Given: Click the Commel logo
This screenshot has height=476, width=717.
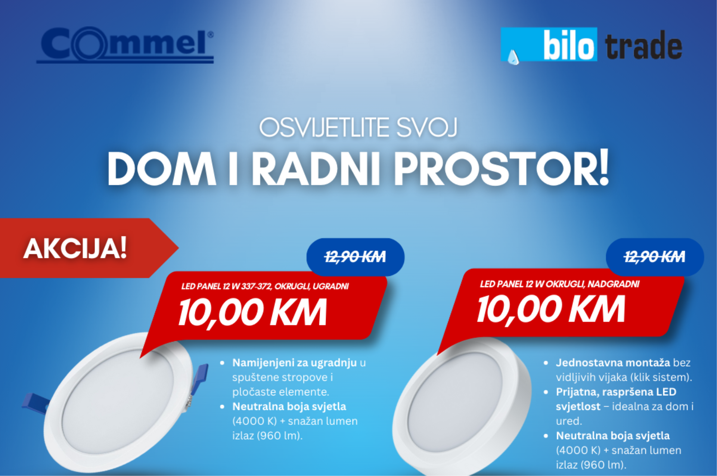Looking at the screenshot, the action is point(125,45).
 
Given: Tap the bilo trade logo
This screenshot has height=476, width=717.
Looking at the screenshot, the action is point(592,45).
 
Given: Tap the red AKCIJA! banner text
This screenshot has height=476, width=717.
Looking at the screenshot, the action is point(75,248).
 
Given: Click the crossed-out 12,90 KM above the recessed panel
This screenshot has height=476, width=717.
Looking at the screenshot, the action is point(355,257).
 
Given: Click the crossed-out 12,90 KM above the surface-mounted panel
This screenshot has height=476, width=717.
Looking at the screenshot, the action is point(655,257).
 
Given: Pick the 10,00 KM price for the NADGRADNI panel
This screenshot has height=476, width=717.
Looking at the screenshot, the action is point(551,309).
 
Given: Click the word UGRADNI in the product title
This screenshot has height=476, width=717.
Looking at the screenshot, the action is point(331,286).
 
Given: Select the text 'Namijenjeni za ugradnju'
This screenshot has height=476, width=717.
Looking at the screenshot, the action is point(295,363).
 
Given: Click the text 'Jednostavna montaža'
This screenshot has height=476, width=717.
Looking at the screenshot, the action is point(613,363).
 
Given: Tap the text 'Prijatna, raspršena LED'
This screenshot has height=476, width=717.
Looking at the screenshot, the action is point(616,392).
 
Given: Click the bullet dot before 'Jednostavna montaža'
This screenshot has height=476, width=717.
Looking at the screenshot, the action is point(546,363).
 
